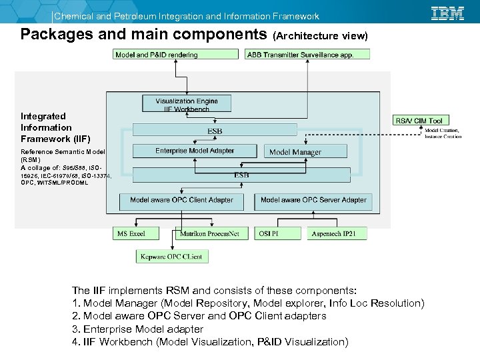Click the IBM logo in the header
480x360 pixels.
[x=447, y=13]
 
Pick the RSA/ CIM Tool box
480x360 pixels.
[x=419, y=121]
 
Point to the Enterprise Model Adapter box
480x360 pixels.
[x=195, y=151]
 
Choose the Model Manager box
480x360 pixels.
[x=295, y=152]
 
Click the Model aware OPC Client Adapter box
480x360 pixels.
[x=181, y=200]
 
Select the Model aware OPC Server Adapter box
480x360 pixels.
[x=313, y=200]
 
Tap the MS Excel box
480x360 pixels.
[x=137, y=234]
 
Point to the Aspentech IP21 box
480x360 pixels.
[x=337, y=234]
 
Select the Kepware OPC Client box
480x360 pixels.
[x=171, y=256]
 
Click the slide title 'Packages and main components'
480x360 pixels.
[x=144, y=34]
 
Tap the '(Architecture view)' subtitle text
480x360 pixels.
[x=321, y=35]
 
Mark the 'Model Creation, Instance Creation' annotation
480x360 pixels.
[x=443, y=133]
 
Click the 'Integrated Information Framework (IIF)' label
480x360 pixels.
[x=46, y=127]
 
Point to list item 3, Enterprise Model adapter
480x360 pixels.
[x=137, y=329]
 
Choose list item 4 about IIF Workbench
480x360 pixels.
[x=210, y=342]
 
